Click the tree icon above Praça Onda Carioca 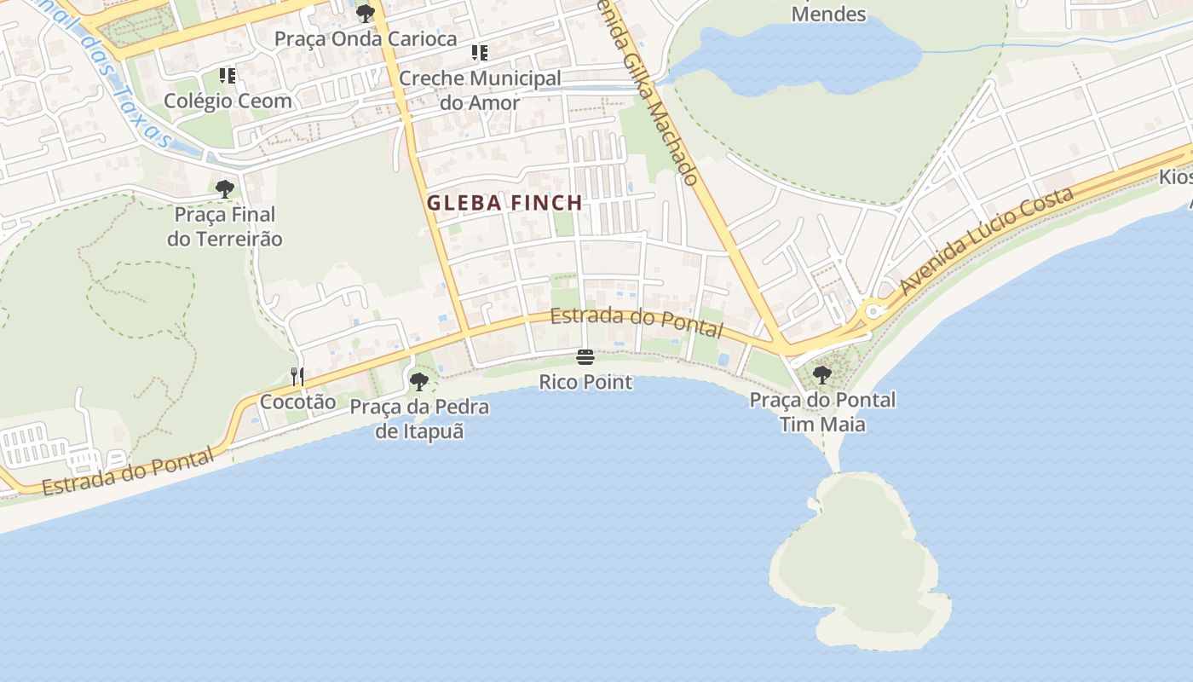tap(366, 13)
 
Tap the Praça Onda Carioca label tap(366, 39)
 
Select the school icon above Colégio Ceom tap(228, 76)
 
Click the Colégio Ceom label tap(228, 101)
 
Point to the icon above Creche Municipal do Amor tap(480, 53)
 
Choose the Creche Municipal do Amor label tap(480, 90)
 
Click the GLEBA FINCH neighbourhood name tap(504, 203)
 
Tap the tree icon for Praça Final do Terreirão tap(225, 188)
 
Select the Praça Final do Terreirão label tap(225, 227)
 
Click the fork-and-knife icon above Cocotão tap(297, 376)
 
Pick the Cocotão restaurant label tap(297, 402)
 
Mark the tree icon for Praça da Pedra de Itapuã tap(418, 381)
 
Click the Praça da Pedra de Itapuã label tap(419, 419)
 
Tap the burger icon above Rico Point tap(585, 356)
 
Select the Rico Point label tap(585, 382)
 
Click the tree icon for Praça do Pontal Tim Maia tap(822, 374)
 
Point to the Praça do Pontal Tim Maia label tap(822, 412)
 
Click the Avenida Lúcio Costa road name tap(986, 242)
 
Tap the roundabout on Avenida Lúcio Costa tap(872, 312)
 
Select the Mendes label tap(828, 14)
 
